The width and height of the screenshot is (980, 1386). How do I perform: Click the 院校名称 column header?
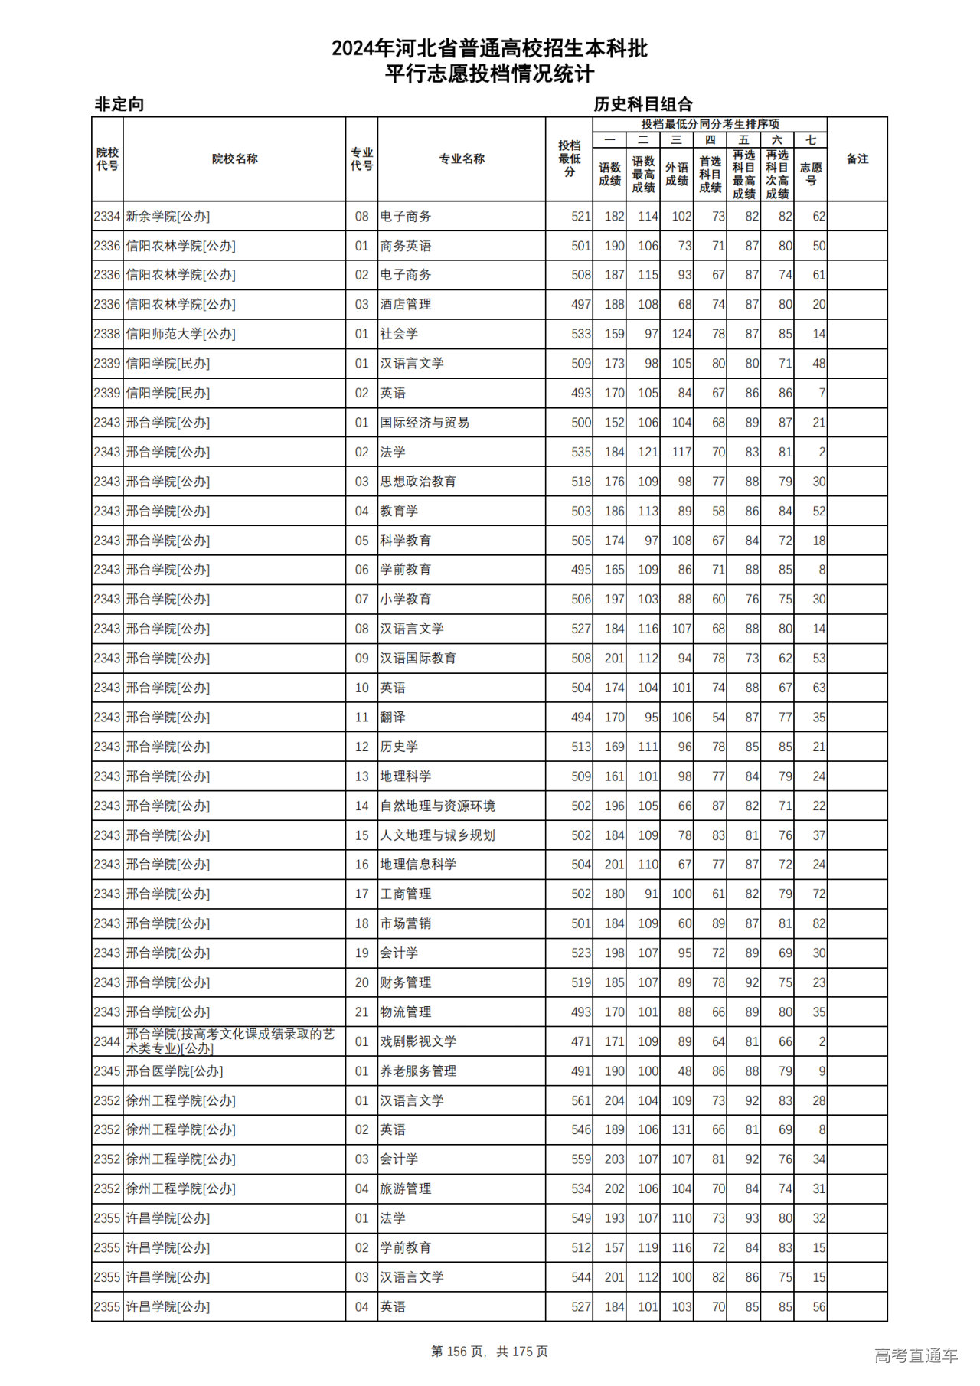tap(234, 159)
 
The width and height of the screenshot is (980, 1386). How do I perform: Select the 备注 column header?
tap(857, 159)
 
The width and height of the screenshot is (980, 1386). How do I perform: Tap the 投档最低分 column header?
tap(569, 159)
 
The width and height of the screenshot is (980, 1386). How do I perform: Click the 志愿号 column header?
tap(810, 174)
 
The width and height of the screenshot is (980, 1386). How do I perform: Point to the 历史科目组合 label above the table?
tap(643, 104)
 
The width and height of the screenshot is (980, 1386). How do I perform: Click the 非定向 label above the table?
tap(119, 104)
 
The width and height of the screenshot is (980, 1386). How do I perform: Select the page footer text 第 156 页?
tap(458, 1352)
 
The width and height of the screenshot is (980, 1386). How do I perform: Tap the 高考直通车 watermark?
tap(916, 1355)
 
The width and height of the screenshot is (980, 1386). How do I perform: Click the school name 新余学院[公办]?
tap(168, 217)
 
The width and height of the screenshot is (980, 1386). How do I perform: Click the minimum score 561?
tap(581, 1100)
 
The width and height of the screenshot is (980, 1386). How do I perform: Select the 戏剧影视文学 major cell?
tap(418, 1041)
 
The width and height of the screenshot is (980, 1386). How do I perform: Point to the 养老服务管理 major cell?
tap(418, 1071)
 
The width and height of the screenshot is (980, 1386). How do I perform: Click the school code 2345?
tap(107, 1071)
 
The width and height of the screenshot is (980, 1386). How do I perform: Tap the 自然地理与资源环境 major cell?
tap(437, 806)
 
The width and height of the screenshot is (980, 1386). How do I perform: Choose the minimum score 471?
tap(581, 1041)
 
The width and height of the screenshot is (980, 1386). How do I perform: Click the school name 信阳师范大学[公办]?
tap(181, 334)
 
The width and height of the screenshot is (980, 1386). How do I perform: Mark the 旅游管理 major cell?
tap(405, 1188)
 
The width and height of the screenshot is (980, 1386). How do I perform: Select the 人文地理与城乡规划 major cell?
tap(437, 835)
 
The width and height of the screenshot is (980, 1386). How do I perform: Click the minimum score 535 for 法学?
tap(581, 452)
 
